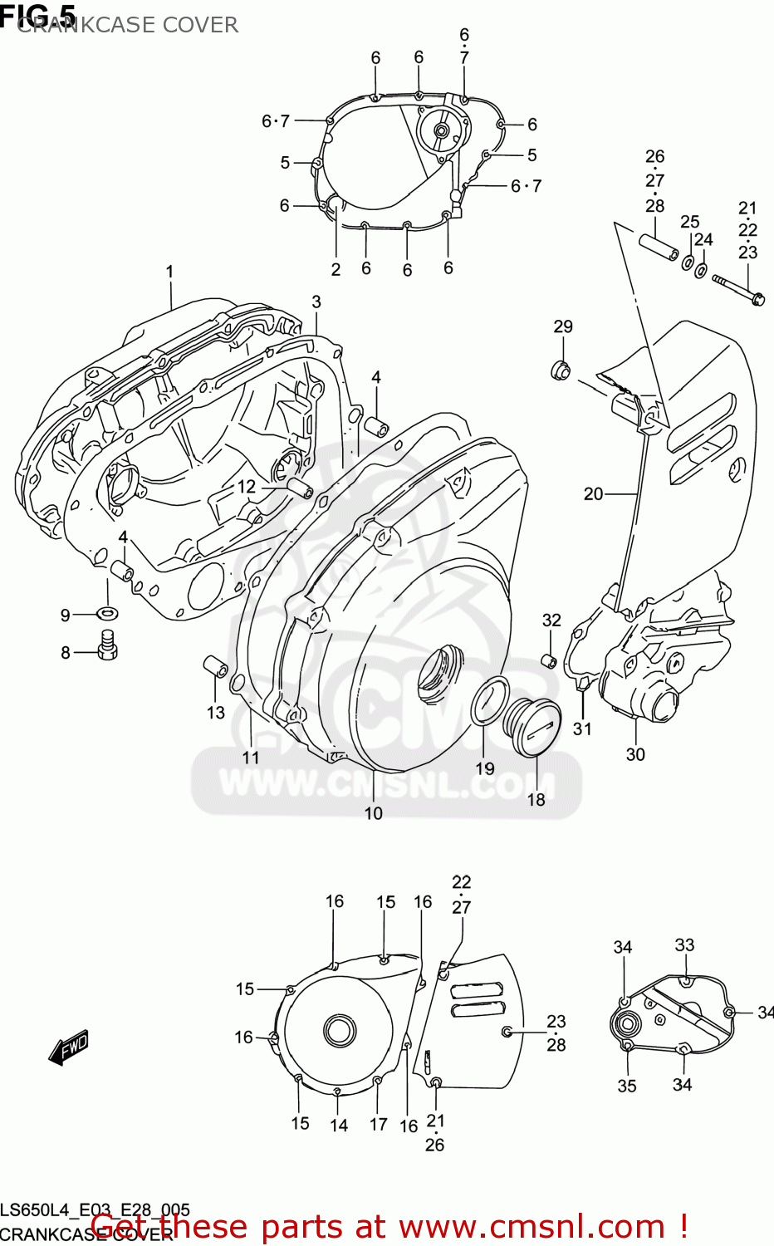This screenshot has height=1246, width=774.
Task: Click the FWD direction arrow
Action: tap(69, 1048)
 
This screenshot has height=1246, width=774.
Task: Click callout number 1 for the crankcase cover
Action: tap(169, 272)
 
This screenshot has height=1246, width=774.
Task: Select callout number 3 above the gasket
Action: tap(316, 302)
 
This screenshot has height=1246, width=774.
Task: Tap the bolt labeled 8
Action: tap(107, 645)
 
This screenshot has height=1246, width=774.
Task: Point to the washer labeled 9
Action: tap(106, 614)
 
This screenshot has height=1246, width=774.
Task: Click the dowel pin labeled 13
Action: tap(216, 667)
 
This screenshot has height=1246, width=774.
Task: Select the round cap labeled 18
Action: tap(533, 727)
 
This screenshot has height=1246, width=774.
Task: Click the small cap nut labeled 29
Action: tap(561, 370)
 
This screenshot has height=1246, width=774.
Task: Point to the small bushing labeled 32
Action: tap(549, 660)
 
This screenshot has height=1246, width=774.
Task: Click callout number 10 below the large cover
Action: tap(374, 813)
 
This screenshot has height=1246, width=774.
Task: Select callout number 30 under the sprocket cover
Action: tap(635, 754)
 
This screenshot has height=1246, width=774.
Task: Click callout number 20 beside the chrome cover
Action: tap(593, 494)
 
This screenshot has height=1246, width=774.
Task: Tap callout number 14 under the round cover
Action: tap(339, 1126)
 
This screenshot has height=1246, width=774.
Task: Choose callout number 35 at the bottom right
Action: tap(627, 1086)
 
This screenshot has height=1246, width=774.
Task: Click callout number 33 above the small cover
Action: tap(684, 945)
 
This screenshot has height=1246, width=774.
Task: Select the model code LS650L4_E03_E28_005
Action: tap(95, 1210)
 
